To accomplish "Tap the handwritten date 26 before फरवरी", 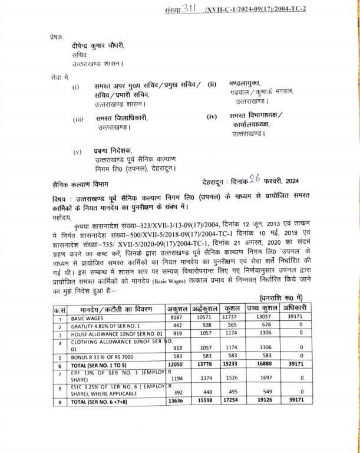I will point(254,182).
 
